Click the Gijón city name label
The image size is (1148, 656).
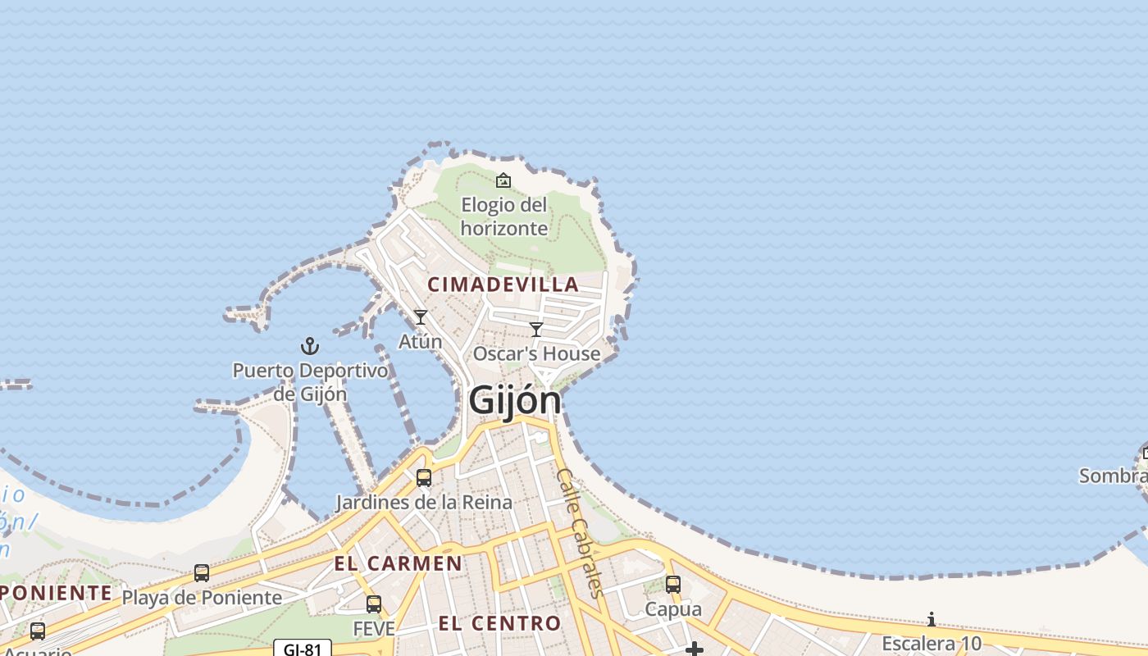515,401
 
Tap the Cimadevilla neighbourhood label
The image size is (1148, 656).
503,285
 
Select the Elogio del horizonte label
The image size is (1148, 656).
503,216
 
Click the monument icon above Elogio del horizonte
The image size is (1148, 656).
503,180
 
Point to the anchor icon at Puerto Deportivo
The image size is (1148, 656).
310,346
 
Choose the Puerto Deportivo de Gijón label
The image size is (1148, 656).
310,381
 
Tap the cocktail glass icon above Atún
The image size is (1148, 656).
421,317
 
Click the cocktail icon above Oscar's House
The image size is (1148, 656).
536,330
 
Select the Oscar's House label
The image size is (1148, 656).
536,353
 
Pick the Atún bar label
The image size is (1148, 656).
420,341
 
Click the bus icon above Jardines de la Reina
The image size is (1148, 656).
424,478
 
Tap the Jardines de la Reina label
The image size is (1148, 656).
424,502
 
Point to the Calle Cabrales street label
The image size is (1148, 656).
581,532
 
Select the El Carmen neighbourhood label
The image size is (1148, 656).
398,563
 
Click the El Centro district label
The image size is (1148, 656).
499,623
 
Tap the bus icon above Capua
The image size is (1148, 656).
673,585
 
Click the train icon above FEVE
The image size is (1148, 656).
374,604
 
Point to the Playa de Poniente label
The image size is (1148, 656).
202,597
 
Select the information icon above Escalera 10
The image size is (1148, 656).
932,619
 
